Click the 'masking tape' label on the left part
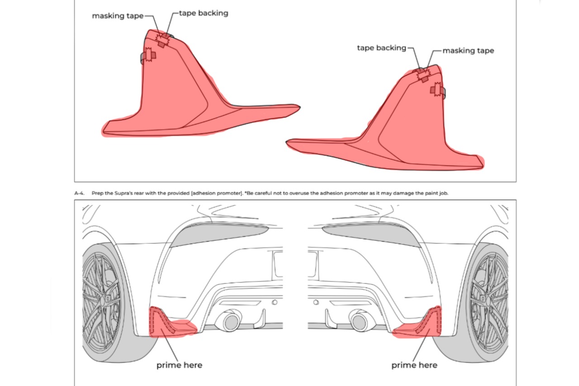click(x=118, y=16)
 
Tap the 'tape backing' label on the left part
click(x=204, y=13)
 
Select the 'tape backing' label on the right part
click(x=381, y=48)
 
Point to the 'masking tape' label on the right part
click(x=468, y=51)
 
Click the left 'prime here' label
click(x=179, y=365)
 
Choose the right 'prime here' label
click(x=414, y=365)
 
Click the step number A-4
click(x=80, y=193)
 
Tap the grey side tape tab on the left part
click(x=144, y=57)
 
